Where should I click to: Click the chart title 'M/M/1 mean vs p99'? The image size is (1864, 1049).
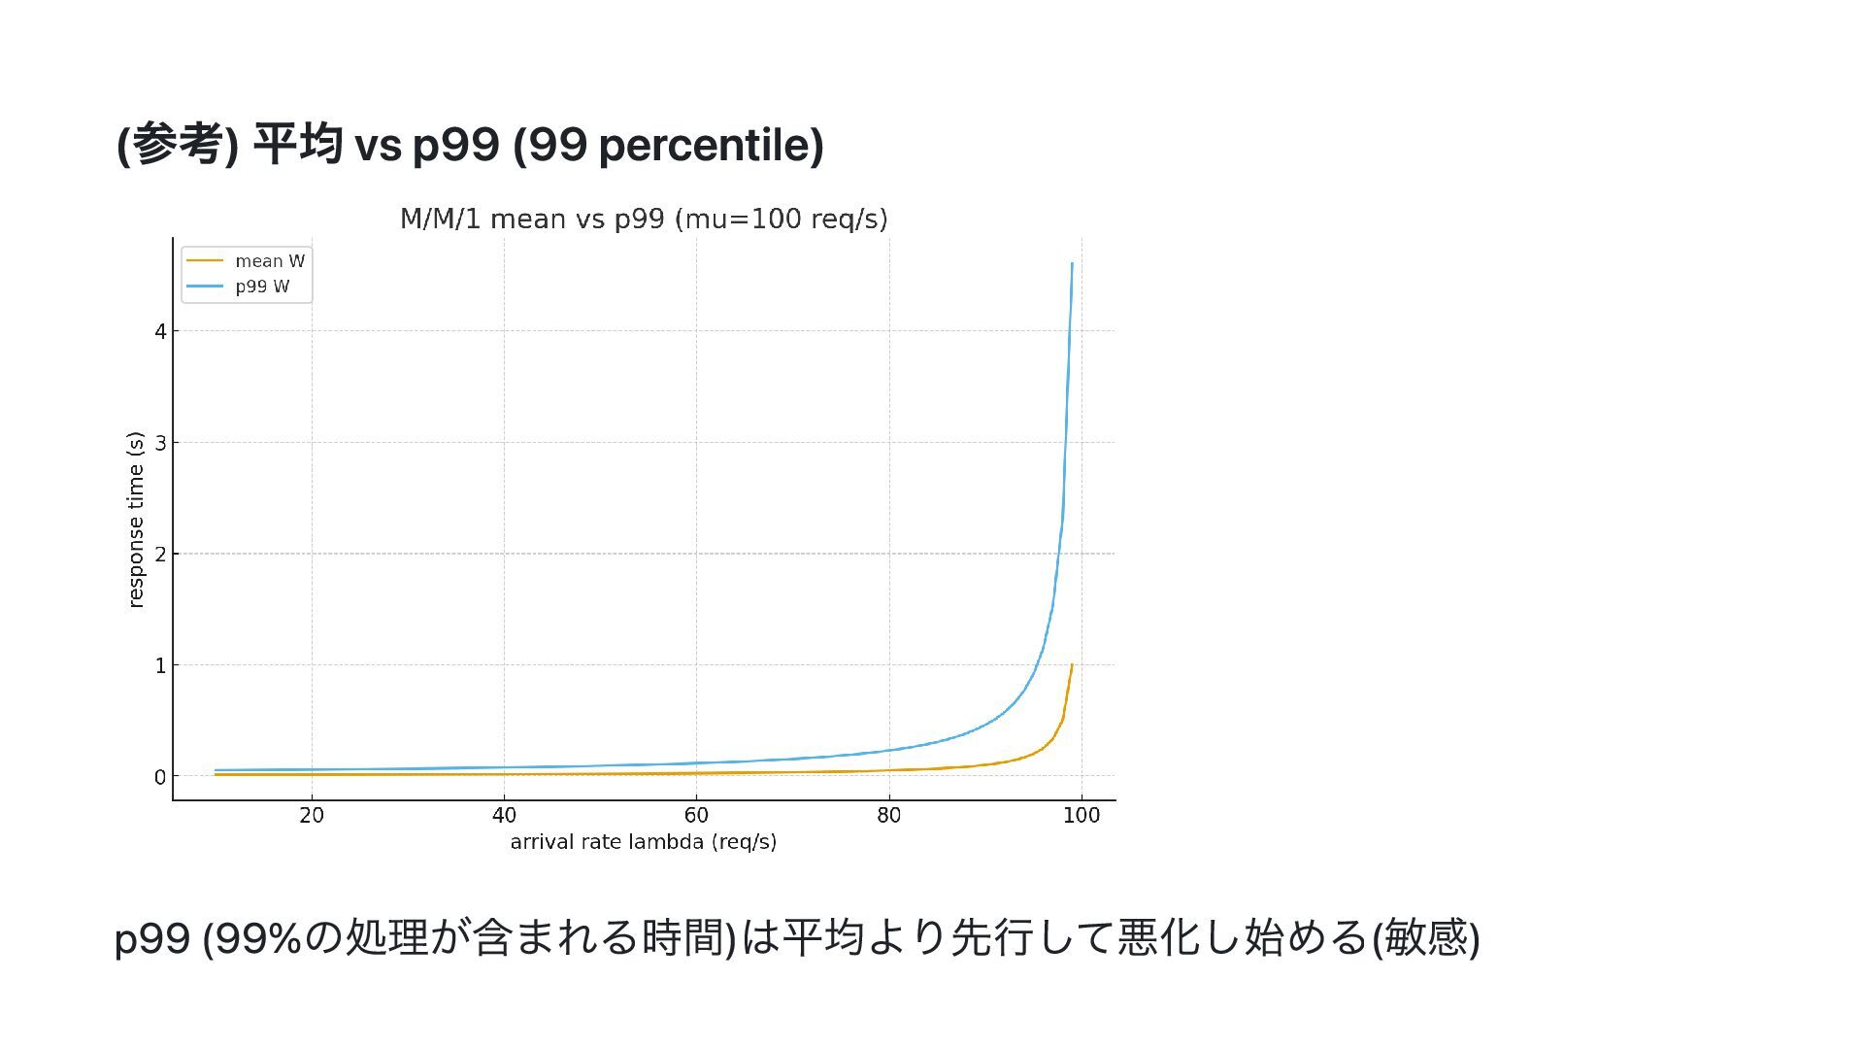point(644,220)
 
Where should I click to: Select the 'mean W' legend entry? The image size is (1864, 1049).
point(269,261)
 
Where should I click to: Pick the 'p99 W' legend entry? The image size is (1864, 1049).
point(262,287)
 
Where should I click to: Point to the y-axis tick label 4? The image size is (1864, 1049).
point(160,331)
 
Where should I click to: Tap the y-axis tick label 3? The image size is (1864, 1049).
point(160,443)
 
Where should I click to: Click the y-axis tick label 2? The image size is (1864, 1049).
point(160,555)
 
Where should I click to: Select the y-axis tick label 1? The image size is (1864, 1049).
point(160,666)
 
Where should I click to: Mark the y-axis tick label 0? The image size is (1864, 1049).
point(160,777)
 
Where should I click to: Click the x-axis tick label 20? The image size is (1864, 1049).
point(312,816)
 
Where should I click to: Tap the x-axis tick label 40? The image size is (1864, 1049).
point(504,816)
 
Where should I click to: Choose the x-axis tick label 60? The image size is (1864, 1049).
point(696,816)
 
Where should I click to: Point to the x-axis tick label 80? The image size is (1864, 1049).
point(888,816)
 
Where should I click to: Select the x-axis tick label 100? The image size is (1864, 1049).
point(1082,816)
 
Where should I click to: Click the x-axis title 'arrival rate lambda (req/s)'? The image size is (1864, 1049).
point(644,842)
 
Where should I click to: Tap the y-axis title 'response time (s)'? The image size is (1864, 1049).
point(136,520)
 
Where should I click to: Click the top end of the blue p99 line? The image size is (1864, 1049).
point(1072,263)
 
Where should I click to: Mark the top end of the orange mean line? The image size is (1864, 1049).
point(1072,665)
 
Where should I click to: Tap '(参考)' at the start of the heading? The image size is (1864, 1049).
point(178,146)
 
